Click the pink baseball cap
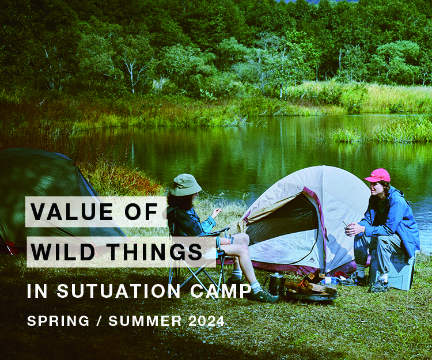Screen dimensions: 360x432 377,175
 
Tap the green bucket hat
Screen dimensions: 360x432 186,185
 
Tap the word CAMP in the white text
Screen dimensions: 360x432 222,291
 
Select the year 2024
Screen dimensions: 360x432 206,321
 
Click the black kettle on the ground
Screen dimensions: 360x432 276,283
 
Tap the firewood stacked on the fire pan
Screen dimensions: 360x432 312,286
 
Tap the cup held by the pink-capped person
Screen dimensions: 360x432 348,226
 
